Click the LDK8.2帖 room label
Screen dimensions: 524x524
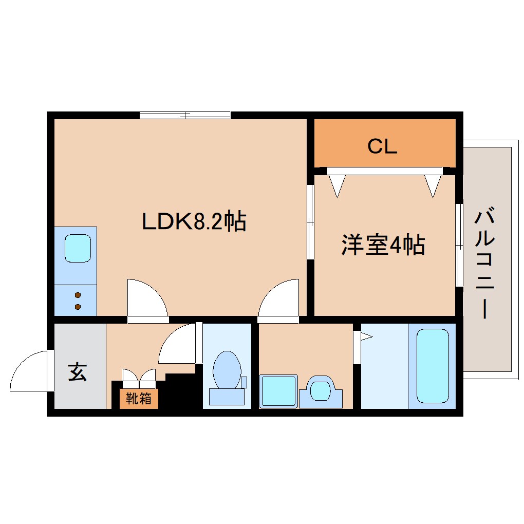(x=194, y=221)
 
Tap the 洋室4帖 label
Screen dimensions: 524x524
(x=383, y=245)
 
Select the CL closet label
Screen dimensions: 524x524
(x=383, y=147)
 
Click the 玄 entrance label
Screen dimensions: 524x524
(x=78, y=371)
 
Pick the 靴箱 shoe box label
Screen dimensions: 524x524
(x=139, y=399)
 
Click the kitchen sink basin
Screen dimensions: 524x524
(x=78, y=248)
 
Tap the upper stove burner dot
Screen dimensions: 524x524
(x=78, y=295)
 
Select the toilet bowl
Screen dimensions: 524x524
(x=227, y=370)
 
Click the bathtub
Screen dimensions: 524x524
(x=432, y=365)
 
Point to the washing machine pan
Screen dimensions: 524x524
(x=278, y=391)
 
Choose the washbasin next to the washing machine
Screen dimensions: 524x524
(x=321, y=391)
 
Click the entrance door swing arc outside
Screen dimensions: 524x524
(x=30, y=370)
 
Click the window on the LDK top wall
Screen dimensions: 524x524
(x=185, y=115)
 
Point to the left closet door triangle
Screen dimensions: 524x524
(x=336, y=185)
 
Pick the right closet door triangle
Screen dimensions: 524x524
(x=433, y=185)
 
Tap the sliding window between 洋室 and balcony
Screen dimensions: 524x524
(x=459, y=245)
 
